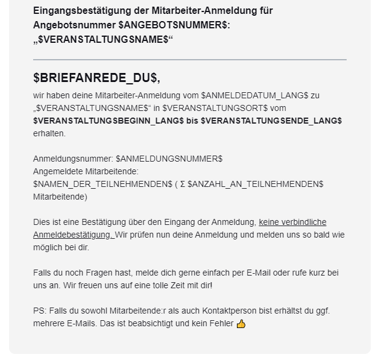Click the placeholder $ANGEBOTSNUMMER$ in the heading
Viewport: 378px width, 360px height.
pyautogui.click(x=174, y=25)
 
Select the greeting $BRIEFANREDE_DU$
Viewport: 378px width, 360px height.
pyautogui.click(x=96, y=79)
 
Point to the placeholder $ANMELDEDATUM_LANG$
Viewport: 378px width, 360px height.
pyautogui.click(x=255, y=96)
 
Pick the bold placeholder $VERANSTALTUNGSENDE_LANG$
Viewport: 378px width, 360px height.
pyautogui.click(x=271, y=121)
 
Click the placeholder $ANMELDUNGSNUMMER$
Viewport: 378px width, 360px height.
pyautogui.click(x=169, y=159)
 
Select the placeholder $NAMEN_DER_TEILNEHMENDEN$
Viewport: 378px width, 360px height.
pyautogui.click(x=102, y=184)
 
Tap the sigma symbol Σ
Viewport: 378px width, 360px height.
pyautogui.click(x=182, y=184)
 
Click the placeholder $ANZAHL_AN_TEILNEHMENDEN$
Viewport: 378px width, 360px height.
pyautogui.click(x=256, y=184)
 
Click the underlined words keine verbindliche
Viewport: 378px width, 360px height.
pyautogui.click(x=292, y=222)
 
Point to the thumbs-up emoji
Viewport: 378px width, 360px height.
pyautogui.click(x=241, y=324)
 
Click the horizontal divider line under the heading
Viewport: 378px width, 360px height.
pyautogui.click(x=189, y=60)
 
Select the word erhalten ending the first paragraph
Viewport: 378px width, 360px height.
pyautogui.click(x=49, y=133)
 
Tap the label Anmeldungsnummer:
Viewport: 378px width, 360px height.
pyautogui.click(x=73, y=159)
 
